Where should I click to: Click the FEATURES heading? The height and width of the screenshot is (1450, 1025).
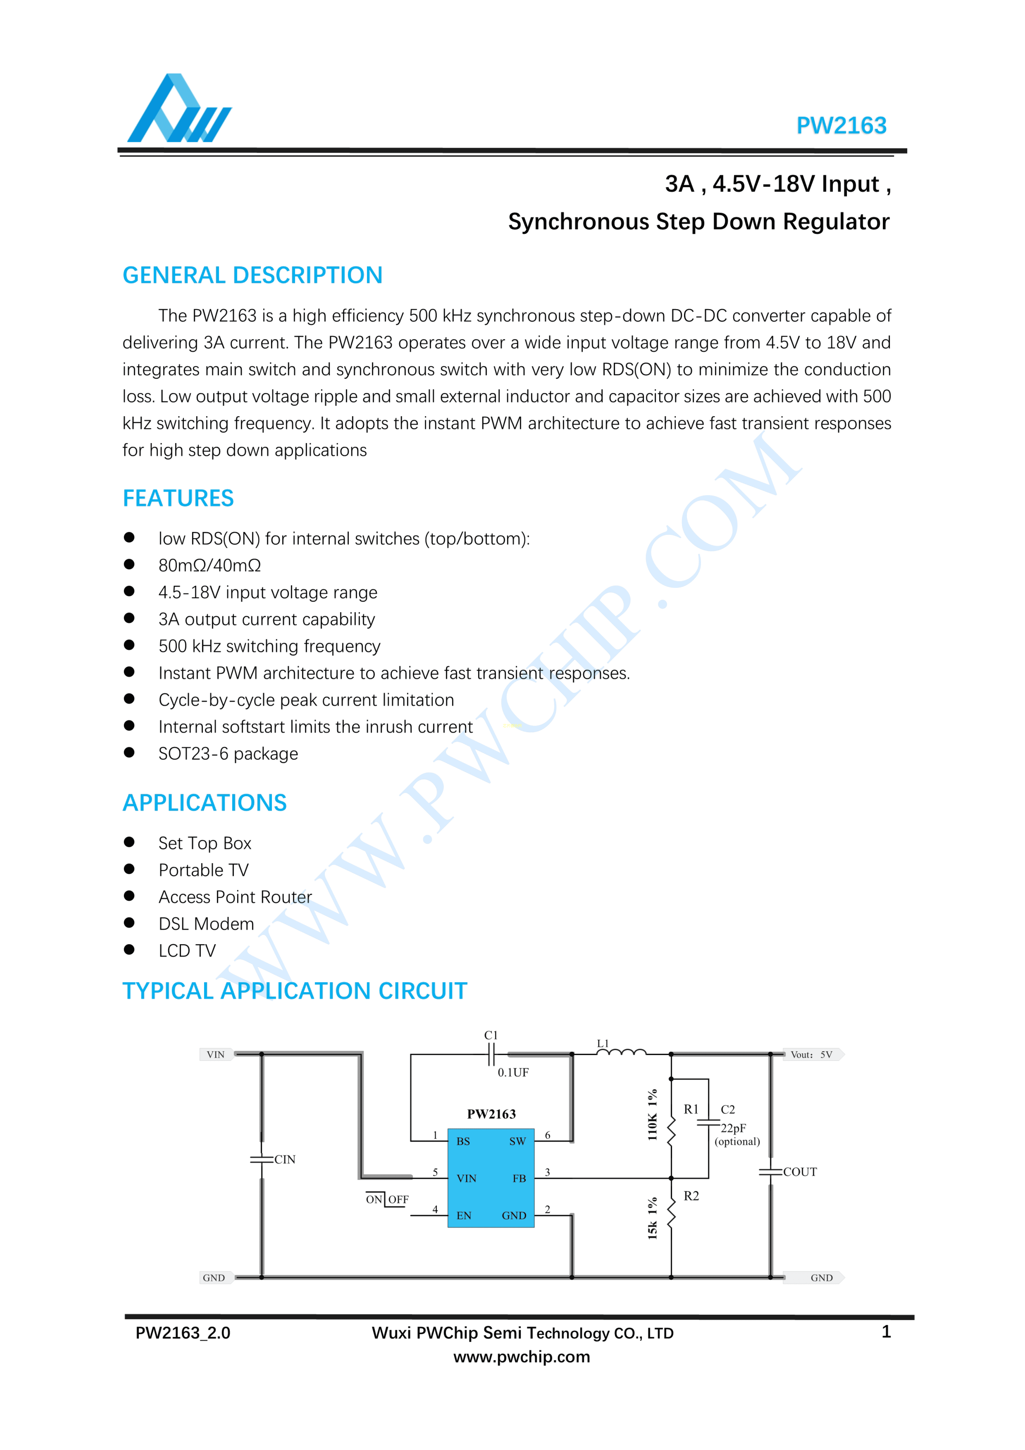[178, 498]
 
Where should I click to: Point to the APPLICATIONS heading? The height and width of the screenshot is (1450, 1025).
[205, 803]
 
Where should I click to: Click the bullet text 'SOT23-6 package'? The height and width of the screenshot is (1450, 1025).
[228, 754]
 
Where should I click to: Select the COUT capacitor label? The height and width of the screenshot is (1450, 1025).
[800, 1172]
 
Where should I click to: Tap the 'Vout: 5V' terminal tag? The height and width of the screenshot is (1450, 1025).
[812, 1055]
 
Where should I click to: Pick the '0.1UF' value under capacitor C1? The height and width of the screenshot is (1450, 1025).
[513, 1072]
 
